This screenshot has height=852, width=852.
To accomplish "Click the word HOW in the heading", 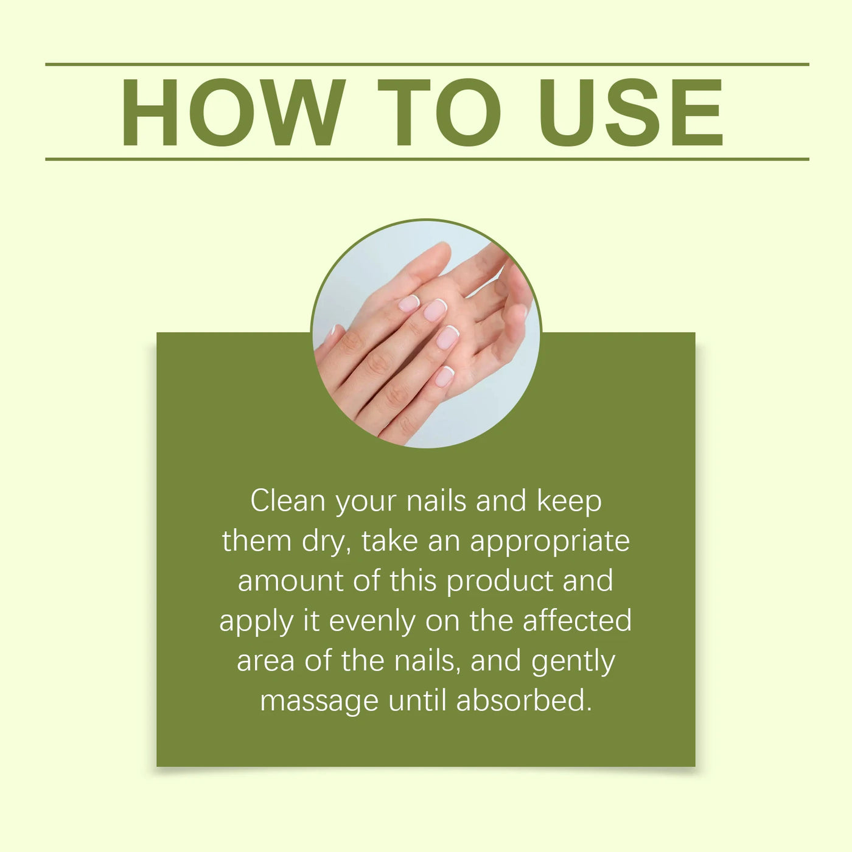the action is (234, 113).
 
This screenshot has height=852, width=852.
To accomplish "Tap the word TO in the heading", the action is (439, 113).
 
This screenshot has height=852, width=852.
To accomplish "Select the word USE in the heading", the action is (630, 113).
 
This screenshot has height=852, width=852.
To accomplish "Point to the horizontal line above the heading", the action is (427, 64).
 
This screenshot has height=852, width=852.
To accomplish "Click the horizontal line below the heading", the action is (427, 159).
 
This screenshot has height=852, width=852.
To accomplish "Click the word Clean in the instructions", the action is (288, 501).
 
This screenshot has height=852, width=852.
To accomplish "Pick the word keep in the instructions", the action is (569, 503).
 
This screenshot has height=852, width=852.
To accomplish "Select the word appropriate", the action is (550, 543).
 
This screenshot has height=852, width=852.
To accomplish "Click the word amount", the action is (290, 581).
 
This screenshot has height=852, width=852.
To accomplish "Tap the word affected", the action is (577, 620).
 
